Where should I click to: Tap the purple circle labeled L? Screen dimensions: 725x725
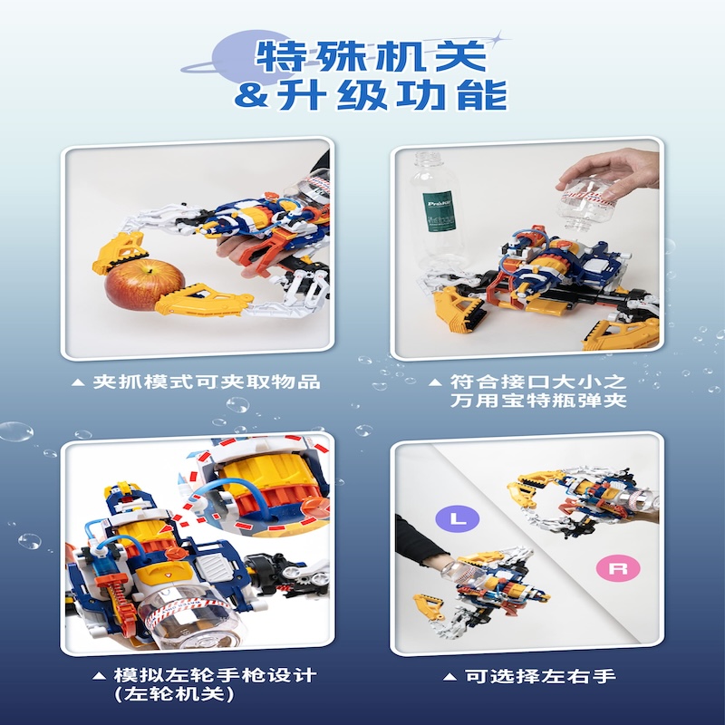click(453, 518)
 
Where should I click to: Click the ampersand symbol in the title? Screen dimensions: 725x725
click(249, 95)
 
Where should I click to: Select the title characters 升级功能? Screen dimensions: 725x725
click(390, 95)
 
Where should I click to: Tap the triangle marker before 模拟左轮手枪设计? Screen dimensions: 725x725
click(100, 676)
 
